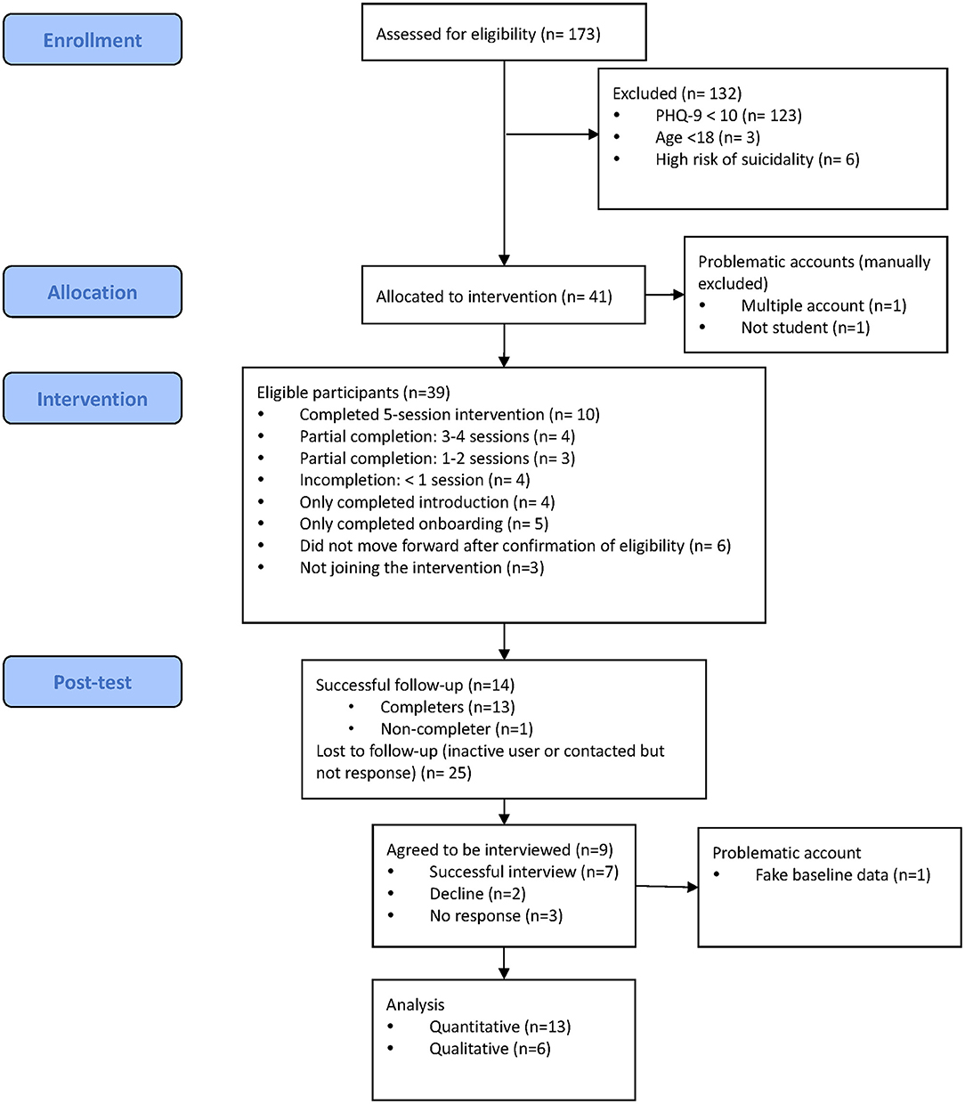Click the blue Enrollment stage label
click(x=93, y=39)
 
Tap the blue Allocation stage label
click(x=93, y=291)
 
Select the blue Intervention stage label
click(x=93, y=398)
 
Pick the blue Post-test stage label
click(x=93, y=681)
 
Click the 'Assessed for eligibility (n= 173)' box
click(x=504, y=32)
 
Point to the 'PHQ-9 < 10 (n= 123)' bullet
click(x=728, y=116)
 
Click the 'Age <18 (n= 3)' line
click(x=708, y=138)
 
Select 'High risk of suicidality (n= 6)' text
click(x=758, y=159)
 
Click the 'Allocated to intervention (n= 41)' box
click(x=503, y=295)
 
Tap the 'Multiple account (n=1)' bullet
click(x=823, y=306)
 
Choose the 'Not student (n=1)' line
click(x=806, y=328)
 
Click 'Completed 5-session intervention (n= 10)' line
click(x=450, y=414)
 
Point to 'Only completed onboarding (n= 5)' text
click(x=424, y=524)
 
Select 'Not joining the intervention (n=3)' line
click(x=422, y=568)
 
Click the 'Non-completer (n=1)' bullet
click(x=457, y=729)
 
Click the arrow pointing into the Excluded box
click(x=552, y=134)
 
